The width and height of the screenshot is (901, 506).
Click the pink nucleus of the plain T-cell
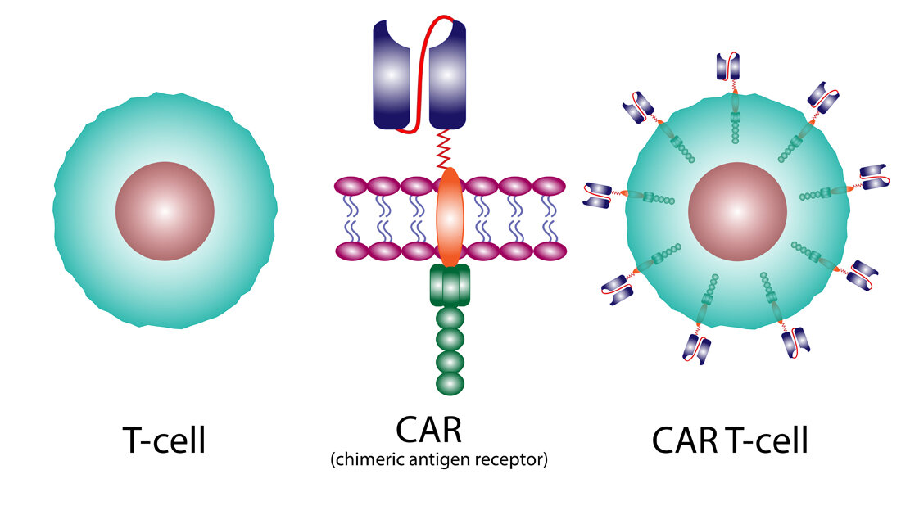(x=165, y=211)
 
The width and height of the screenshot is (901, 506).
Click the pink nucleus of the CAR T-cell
(x=737, y=211)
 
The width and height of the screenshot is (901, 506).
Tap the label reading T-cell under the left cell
(x=165, y=440)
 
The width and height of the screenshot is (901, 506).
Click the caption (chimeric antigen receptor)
(x=439, y=460)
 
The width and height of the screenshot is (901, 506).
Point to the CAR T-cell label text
(x=731, y=440)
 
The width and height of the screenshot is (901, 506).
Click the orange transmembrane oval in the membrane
(x=450, y=217)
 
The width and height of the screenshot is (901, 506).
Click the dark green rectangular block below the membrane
(x=449, y=286)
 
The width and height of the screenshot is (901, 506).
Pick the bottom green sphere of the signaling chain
(x=450, y=382)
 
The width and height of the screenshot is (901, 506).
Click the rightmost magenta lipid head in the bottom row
(x=550, y=250)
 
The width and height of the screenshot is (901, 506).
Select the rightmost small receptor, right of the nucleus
(x=872, y=178)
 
